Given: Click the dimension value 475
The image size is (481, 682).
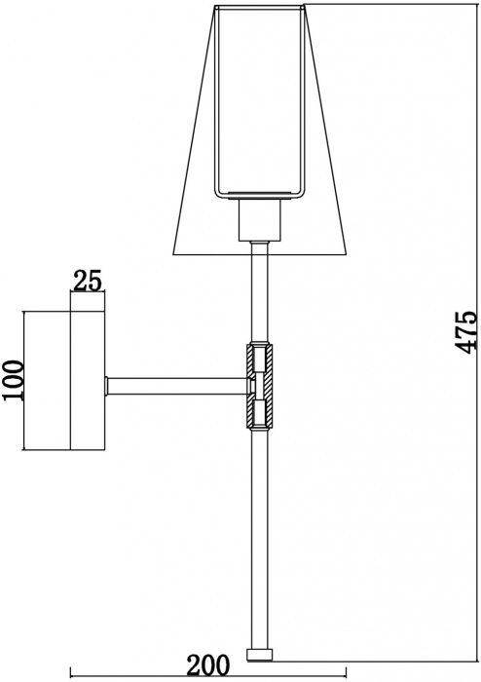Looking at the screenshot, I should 467,331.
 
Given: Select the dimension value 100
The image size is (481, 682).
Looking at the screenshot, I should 11,381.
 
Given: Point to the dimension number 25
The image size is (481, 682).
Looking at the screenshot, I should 88,282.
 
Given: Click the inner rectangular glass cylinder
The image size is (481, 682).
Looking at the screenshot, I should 260,97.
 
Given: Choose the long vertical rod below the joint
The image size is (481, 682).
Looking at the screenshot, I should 260,536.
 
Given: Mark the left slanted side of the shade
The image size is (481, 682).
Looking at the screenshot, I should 192,136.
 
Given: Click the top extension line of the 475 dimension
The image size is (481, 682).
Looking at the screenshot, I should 380,5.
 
